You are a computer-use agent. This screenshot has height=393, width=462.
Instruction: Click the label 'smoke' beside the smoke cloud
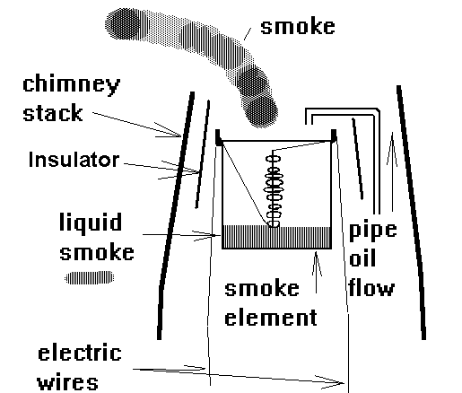298,26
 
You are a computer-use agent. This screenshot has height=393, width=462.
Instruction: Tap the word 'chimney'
72,85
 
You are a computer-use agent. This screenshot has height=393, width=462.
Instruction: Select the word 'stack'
53,113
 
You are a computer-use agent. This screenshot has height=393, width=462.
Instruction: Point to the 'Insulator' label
74,160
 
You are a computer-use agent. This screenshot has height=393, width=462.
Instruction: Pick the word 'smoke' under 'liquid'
97,253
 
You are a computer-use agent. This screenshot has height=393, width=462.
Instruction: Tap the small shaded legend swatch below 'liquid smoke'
90,277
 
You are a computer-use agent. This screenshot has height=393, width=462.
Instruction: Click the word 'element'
271,318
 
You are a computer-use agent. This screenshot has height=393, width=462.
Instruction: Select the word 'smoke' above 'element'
262,288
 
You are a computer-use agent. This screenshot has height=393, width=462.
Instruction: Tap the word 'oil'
362,258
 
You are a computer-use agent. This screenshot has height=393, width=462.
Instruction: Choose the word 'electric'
80,353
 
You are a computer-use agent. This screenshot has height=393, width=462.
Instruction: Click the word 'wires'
67,381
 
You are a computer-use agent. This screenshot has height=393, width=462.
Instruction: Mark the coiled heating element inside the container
274,189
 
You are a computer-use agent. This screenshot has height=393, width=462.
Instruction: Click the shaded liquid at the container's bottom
276,237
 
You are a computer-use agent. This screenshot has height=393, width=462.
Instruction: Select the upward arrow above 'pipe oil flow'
392,172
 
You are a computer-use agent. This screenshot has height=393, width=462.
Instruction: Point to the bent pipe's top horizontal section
343,111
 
